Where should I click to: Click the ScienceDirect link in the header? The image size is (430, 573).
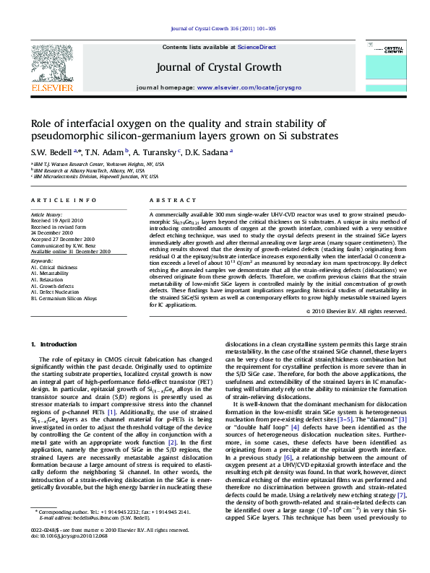click(x=257, y=47)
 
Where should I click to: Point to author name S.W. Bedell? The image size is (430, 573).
click(x=50, y=153)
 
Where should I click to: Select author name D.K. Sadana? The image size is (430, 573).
click(x=207, y=153)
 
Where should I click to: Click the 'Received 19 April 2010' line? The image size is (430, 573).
click(x=57, y=222)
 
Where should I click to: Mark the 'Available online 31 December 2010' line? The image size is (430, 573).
click(x=70, y=250)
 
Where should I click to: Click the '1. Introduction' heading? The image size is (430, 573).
click(x=59, y=345)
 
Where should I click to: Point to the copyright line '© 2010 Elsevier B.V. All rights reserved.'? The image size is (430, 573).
click(x=356, y=311)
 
